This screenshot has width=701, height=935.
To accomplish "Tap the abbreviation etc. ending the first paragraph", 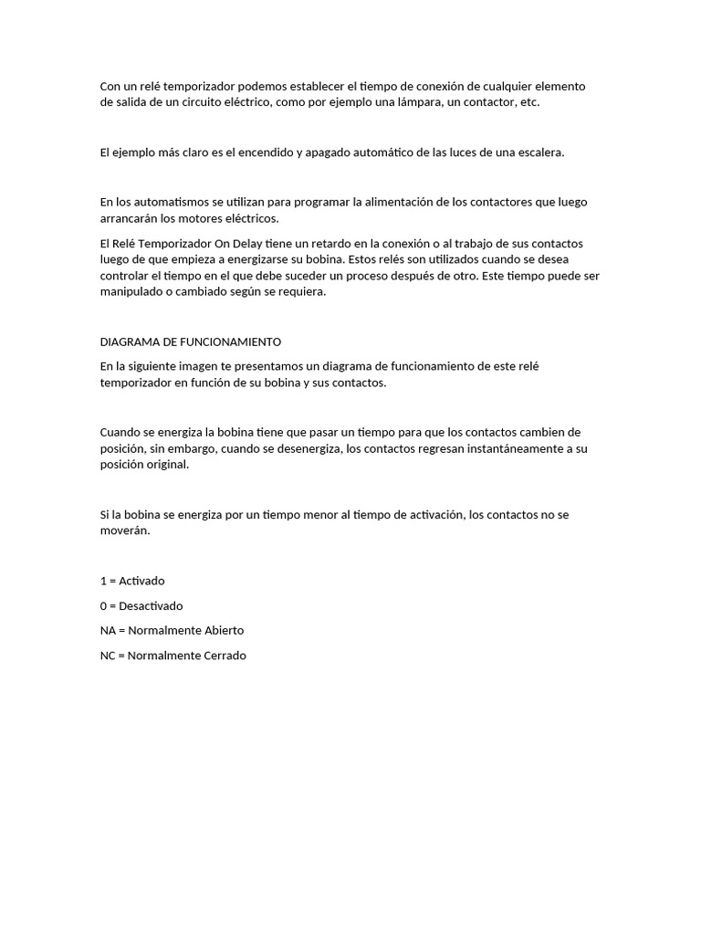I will coord(529,102).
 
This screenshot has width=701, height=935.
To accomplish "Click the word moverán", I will coord(125,531).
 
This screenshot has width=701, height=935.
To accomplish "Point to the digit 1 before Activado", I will coord(103,581).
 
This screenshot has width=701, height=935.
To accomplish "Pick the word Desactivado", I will coord(152,605).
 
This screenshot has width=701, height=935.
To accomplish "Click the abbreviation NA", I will coord(109,630).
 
